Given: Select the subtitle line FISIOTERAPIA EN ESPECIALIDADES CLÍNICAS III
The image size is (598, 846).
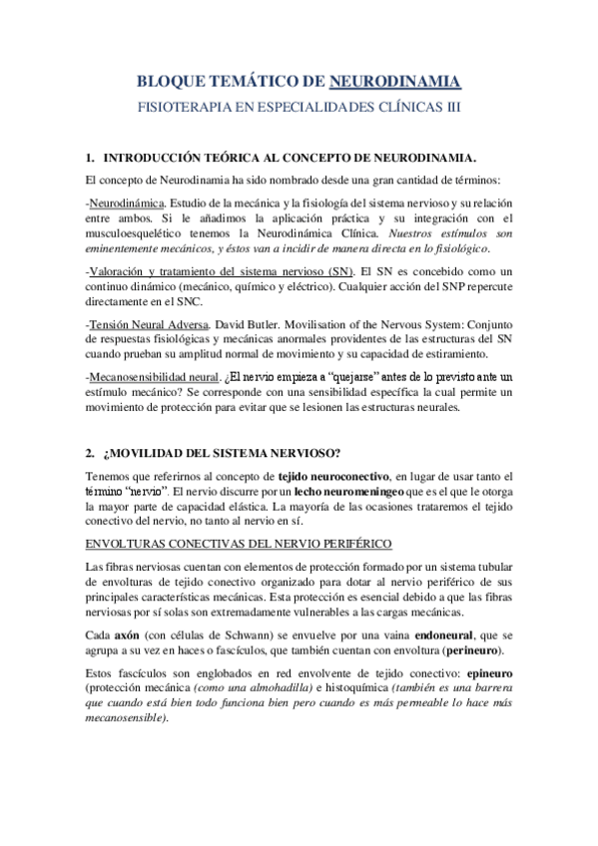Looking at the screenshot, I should click(x=299, y=105).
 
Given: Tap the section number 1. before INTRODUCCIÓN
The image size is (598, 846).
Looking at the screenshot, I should click(x=90, y=158).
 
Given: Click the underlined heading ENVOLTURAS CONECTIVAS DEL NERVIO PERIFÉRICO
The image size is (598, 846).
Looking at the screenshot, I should click(x=239, y=542).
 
